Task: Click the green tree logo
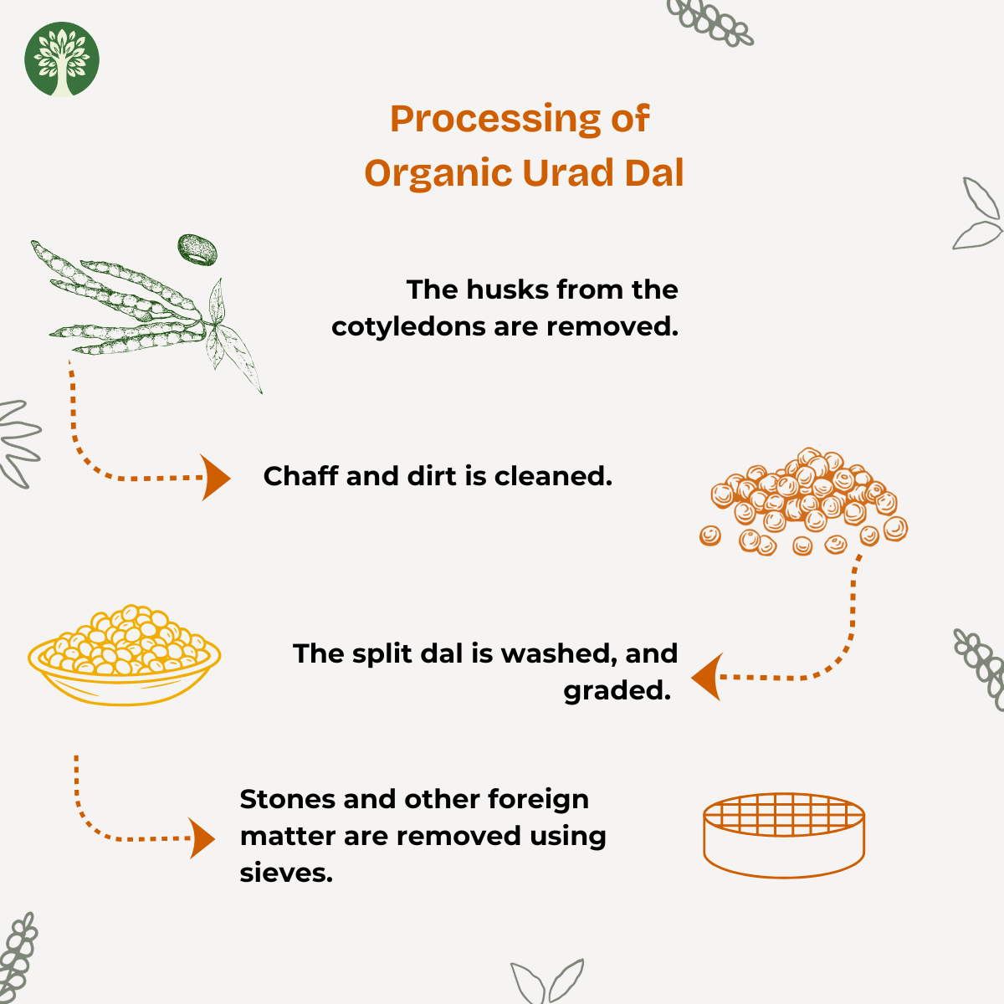click(62, 59)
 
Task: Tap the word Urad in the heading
click(568, 172)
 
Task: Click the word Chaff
click(300, 476)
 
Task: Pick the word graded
click(617, 692)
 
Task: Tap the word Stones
click(287, 799)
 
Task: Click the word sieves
click(286, 873)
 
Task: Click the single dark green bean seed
click(197, 249)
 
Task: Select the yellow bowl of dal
click(124, 655)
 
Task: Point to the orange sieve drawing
click(784, 836)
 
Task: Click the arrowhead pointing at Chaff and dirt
click(215, 477)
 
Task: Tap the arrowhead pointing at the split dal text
click(707, 677)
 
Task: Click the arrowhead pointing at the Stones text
click(202, 838)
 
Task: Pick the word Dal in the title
click(654, 172)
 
